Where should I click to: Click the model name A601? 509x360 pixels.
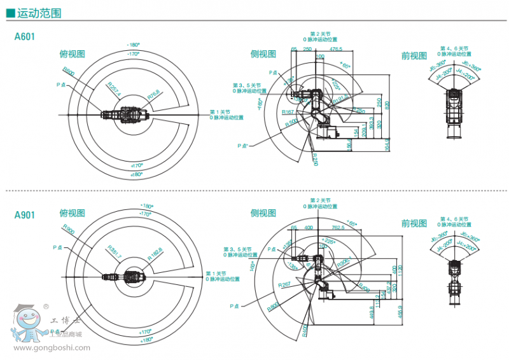[x=24, y=37]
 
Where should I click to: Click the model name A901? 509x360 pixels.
[x=24, y=214]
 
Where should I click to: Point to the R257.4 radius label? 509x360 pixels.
[x=114, y=90]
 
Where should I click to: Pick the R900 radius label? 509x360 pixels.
[x=68, y=230]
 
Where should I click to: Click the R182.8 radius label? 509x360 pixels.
[x=155, y=253]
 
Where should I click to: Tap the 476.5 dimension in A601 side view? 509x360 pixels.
[x=336, y=48]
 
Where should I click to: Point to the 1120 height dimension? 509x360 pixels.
[x=400, y=270]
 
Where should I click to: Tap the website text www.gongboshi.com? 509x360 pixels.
[x=52, y=347]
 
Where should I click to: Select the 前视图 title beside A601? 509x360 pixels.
[x=414, y=55]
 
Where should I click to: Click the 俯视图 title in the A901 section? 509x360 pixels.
[x=72, y=213]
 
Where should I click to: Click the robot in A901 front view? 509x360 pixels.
[x=455, y=280]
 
